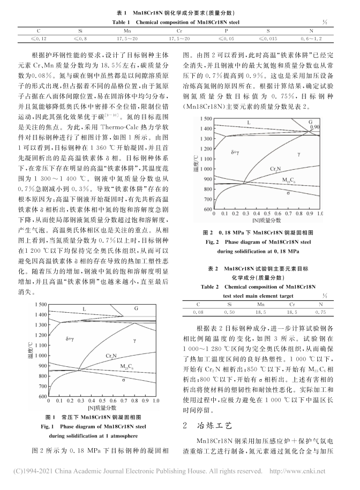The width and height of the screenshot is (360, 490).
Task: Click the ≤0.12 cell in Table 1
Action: (38, 39)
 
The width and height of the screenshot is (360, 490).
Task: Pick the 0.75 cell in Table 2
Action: (321, 310)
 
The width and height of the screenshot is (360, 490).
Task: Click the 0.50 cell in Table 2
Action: (230, 310)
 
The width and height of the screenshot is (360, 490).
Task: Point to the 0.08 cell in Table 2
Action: (199, 310)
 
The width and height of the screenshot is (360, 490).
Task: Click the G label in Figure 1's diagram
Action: (136, 308)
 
